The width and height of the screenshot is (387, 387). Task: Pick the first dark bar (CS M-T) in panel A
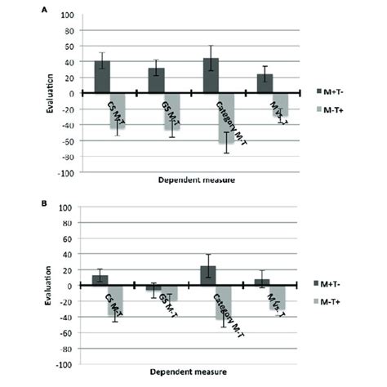(x=102, y=77)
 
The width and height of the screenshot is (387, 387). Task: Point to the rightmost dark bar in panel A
(x=265, y=83)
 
